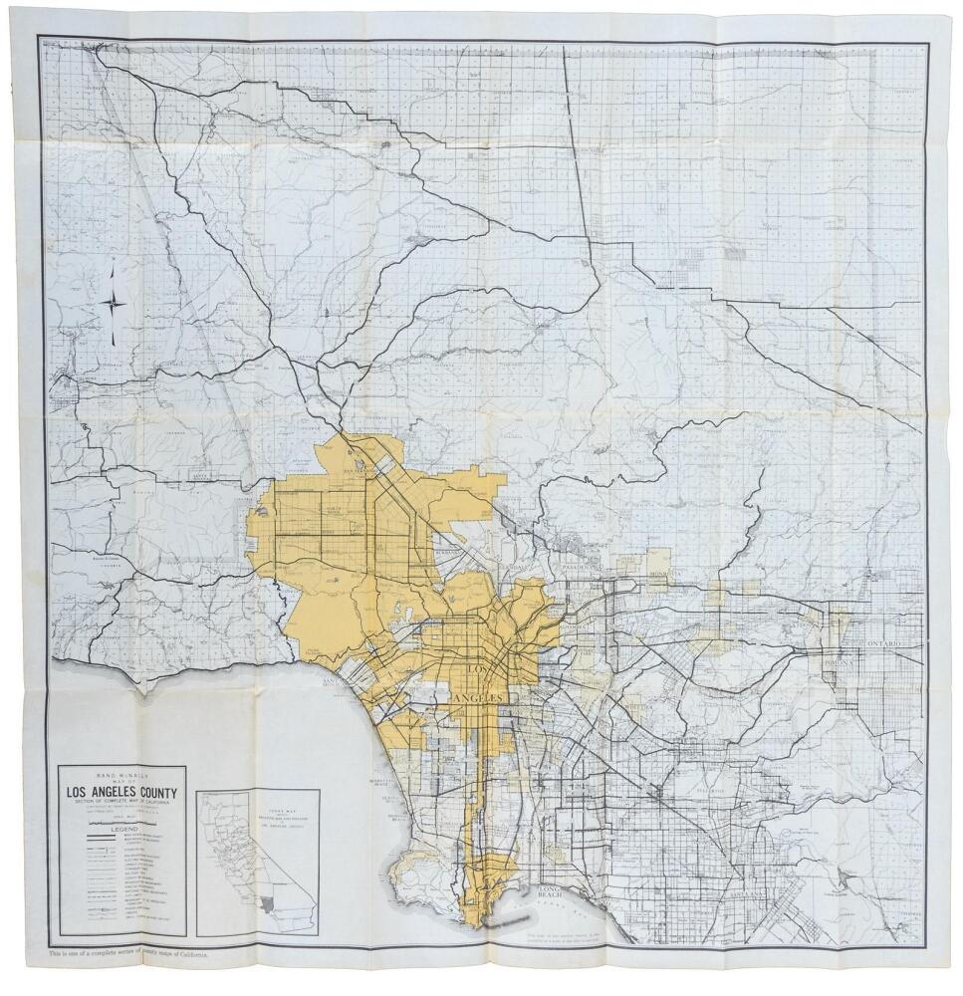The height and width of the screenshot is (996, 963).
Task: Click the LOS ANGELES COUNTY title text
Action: coord(120,794)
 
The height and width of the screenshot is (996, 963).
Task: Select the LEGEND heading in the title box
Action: coord(120,829)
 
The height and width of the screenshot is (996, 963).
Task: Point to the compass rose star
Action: coord(114,303)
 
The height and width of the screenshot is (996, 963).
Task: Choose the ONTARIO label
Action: coord(881,644)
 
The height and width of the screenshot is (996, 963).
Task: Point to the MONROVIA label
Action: coord(663,576)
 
